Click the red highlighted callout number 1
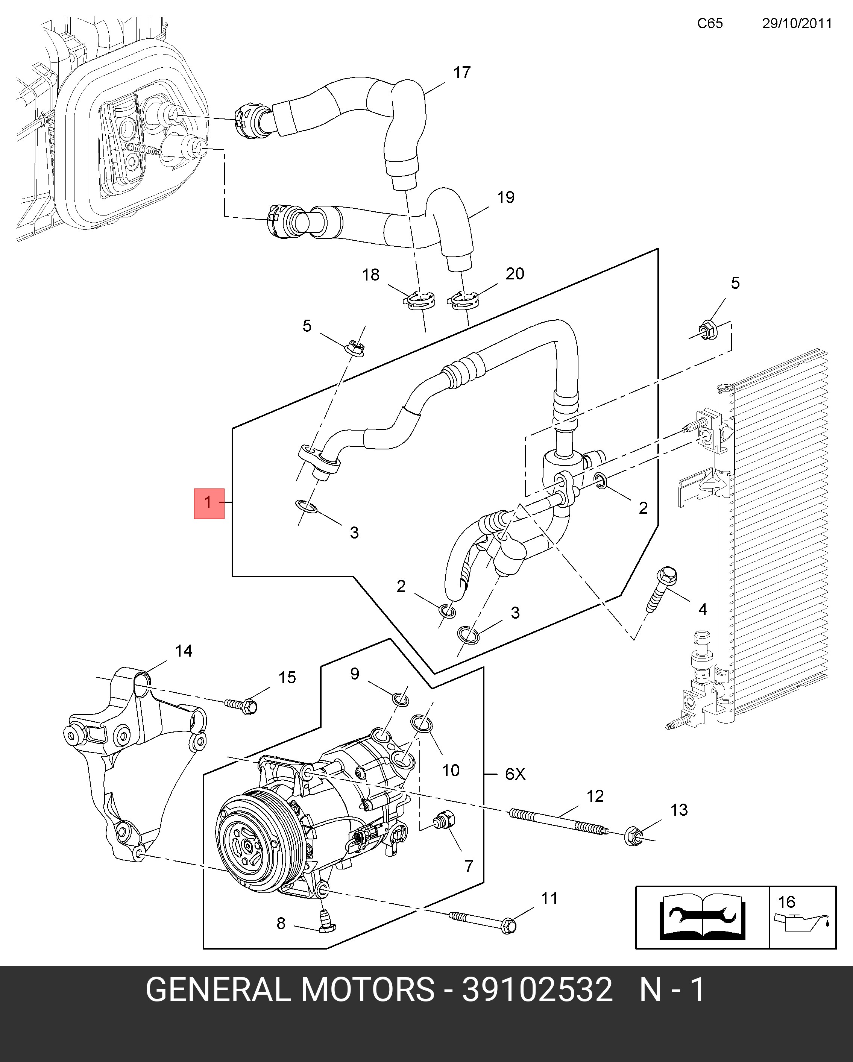coord(209,503)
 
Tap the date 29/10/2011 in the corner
coord(796,24)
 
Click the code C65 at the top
coord(710,24)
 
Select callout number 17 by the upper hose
coord(461,73)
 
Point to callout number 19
coord(505,197)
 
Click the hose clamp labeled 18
coord(420,300)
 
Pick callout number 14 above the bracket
coord(183,651)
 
